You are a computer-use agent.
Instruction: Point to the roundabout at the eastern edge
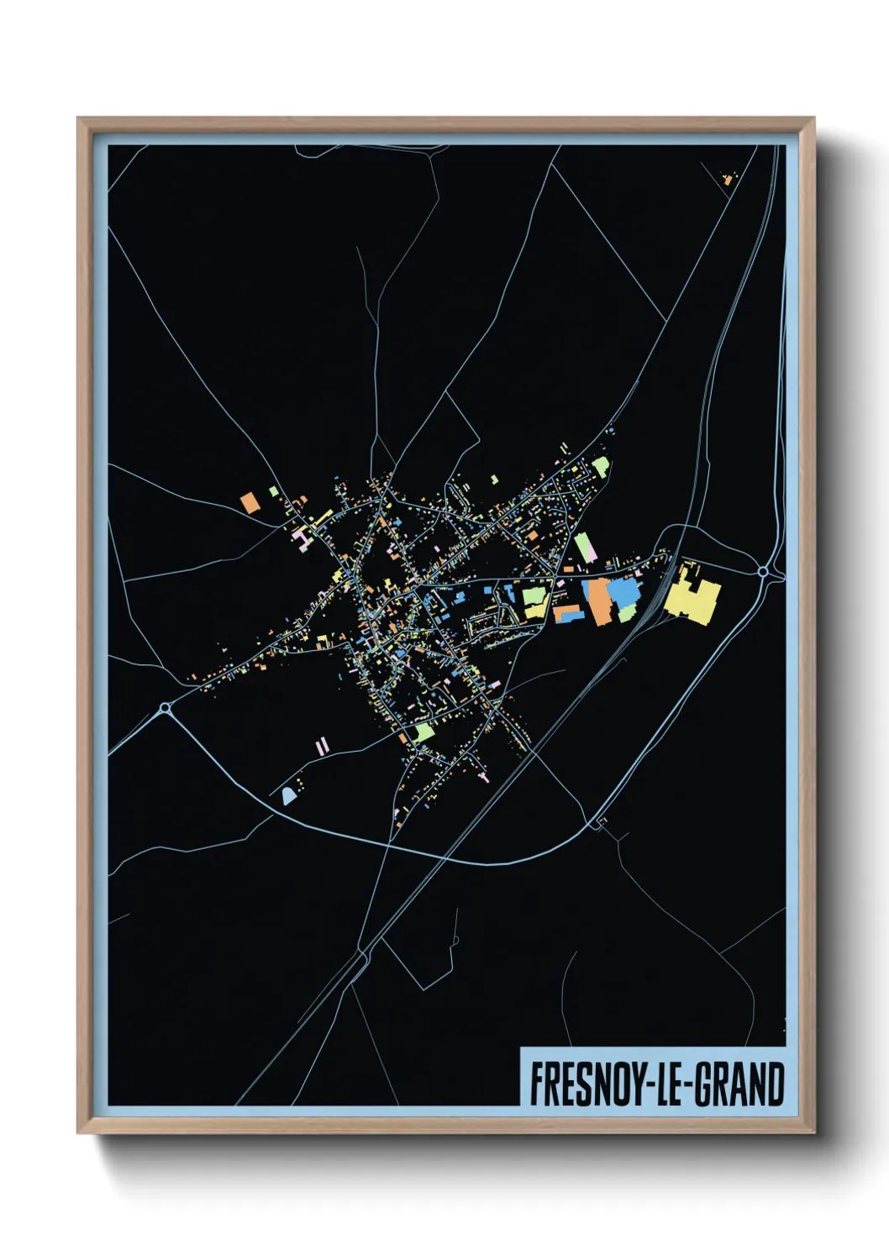(763, 571)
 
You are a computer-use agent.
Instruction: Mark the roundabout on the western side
(165, 710)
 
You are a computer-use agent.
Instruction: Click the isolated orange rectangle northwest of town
(250, 502)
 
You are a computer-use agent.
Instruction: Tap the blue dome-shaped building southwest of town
(289, 795)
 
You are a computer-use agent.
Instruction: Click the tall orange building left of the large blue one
(599, 601)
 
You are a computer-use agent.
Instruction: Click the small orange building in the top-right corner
(728, 178)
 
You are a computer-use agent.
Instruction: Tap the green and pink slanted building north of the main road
(585, 548)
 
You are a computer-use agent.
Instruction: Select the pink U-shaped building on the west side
(302, 538)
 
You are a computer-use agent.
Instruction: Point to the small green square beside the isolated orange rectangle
(273, 491)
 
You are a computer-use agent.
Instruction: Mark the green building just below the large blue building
(627, 612)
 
